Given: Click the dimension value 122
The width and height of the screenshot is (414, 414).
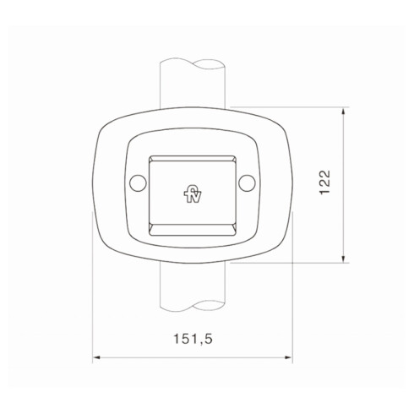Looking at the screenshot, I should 326,183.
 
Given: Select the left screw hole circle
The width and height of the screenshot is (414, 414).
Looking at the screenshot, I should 136,183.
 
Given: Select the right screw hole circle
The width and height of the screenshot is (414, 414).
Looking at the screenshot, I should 246,183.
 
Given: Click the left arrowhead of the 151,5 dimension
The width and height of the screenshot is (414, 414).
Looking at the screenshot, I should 96,359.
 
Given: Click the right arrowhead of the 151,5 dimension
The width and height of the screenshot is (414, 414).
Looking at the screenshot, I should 288,359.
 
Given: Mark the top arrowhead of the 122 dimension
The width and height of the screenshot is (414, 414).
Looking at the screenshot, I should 343,112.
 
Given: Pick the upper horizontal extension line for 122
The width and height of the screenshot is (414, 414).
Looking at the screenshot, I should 287,107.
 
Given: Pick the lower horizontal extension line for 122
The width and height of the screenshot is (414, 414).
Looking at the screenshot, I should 287,261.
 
